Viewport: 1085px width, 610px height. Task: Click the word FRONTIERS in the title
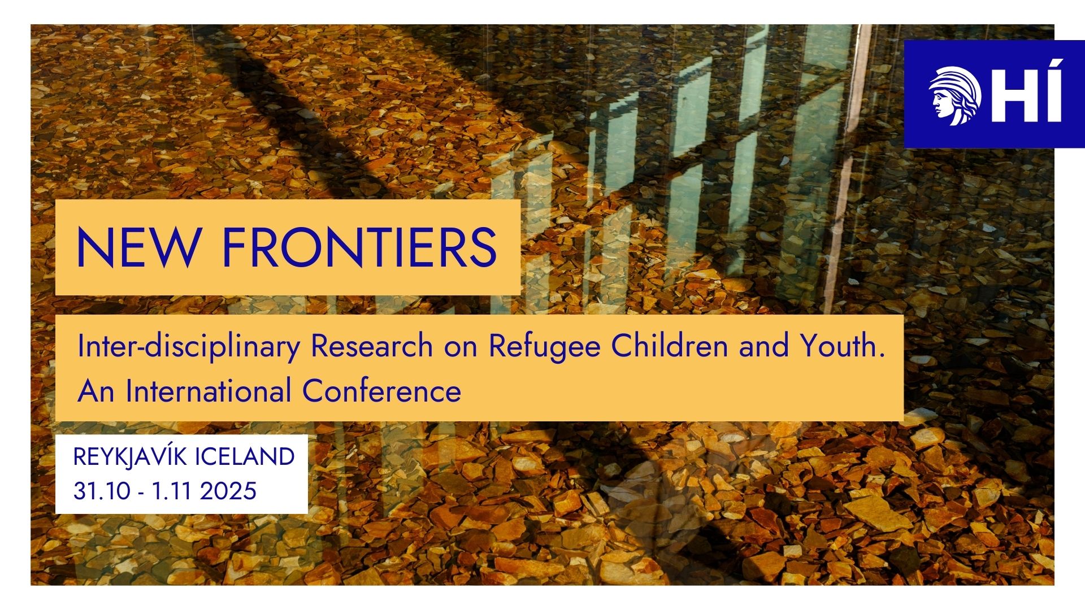pos(359,247)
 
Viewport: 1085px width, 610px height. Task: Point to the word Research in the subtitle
pos(372,346)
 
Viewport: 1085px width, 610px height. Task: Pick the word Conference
pos(381,391)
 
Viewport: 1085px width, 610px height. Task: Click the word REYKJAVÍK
pos(130,456)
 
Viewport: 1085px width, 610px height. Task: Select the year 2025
pos(228,491)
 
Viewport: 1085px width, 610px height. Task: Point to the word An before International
pos(96,391)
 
